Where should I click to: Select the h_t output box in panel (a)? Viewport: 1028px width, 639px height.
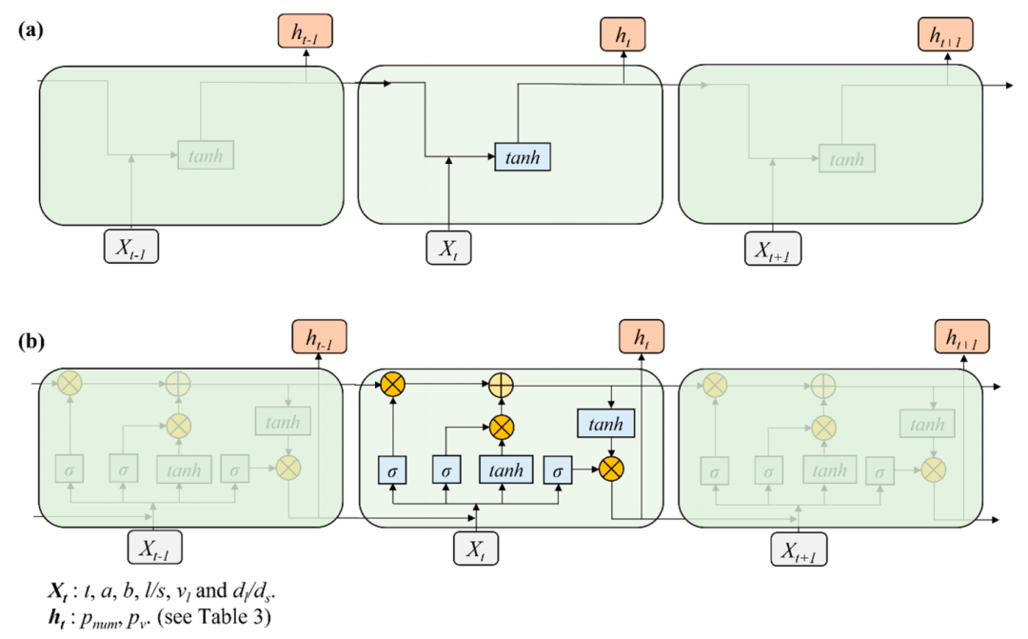622,35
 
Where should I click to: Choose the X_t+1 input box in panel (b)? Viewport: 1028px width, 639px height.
798,549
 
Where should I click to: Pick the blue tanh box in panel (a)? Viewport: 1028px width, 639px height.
523,156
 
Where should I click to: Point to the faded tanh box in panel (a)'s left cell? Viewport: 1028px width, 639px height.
206,154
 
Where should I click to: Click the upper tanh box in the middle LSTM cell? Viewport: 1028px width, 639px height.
605,423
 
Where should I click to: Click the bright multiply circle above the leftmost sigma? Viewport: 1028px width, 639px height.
392,385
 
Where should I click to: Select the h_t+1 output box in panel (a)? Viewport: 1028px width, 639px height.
949,35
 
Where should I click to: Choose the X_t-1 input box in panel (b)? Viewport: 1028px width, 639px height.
154,549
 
